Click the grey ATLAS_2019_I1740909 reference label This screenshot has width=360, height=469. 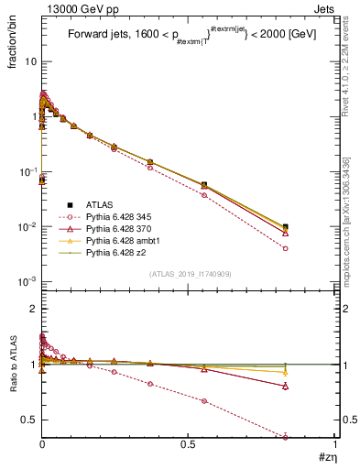point(189,275)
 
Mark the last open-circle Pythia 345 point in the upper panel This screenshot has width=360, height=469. point(286,248)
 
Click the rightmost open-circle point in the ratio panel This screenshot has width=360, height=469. point(286,436)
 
